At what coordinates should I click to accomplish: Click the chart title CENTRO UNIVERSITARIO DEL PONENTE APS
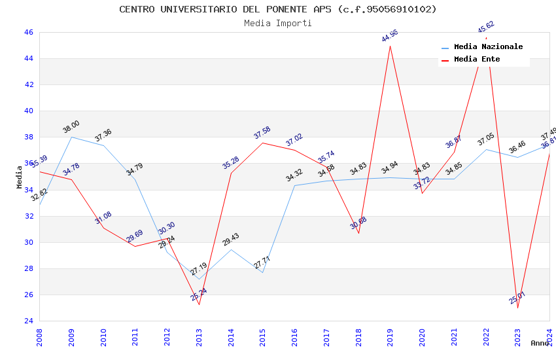pyautogui.click(x=278, y=9)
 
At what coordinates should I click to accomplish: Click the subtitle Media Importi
pyautogui.click(x=278, y=23)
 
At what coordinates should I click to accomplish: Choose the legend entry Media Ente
pyautogui.click(x=477, y=60)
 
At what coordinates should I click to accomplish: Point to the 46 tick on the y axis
pyautogui.click(x=29, y=32)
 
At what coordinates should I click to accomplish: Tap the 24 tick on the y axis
pyautogui.click(x=29, y=321)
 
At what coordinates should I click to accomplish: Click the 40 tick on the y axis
pyautogui.click(x=29, y=111)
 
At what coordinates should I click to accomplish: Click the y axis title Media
pyautogui.click(x=20, y=177)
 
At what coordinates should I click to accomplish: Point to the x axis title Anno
pyautogui.click(x=540, y=343)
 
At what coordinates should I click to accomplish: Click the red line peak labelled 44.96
pyautogui.click(x=390, y=46)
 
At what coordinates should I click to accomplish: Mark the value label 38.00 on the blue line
pyautogui.click(x=71, y=125)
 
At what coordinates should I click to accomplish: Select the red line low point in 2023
pyautogui.click(x=517, y=308)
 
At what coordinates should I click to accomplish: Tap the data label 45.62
pyautogui.click(x=486, y=26)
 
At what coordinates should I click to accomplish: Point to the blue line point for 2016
pyautogui.click(x=294, y=185)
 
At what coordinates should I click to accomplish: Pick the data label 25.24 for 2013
pyautogui.click(x=199, y=295)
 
